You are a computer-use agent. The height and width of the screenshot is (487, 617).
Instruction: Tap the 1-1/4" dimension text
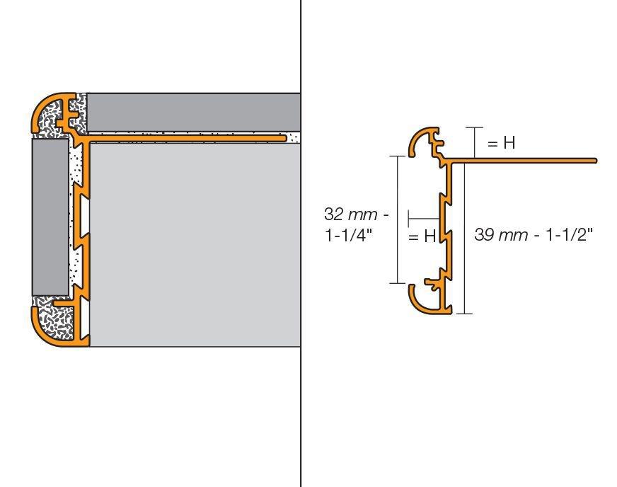click(348, 236)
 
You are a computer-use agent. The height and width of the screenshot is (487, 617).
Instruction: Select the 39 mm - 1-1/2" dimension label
click(534, 234)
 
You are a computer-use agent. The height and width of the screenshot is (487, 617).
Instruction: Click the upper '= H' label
click(501, 142)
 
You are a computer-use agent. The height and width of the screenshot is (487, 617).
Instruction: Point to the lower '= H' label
click(422, 236)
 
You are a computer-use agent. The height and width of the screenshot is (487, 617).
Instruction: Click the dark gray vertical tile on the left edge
click(50, 217)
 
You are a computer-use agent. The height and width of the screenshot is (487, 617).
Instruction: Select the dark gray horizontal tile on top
click(194, 113)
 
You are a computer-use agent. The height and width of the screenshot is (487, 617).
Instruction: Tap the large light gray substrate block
click(195, 244)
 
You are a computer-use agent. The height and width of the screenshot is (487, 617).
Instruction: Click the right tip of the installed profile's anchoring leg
click(285, 138)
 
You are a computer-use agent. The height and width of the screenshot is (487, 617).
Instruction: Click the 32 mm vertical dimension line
click(398, 219)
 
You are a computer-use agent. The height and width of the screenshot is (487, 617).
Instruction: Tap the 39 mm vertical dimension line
click(465, 239)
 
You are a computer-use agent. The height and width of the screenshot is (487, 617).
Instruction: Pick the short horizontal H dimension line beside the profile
click(423, 218)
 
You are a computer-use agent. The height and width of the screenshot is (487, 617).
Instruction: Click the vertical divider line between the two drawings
click(301, 243)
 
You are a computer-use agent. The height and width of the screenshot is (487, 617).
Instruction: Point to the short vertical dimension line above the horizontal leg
click(475, 142)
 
